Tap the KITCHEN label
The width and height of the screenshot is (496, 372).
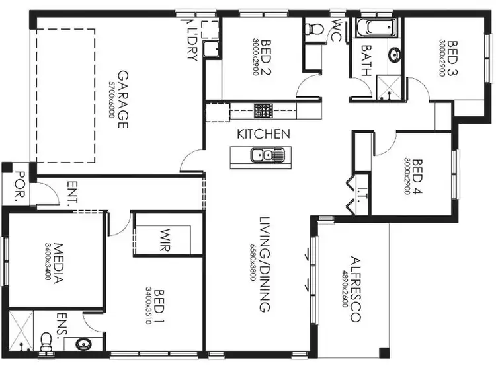click(263, 134)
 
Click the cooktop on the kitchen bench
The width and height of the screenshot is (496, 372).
click(263, 110)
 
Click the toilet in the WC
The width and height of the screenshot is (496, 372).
click(315, 29)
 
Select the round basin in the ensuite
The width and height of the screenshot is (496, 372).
click(84, 344)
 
